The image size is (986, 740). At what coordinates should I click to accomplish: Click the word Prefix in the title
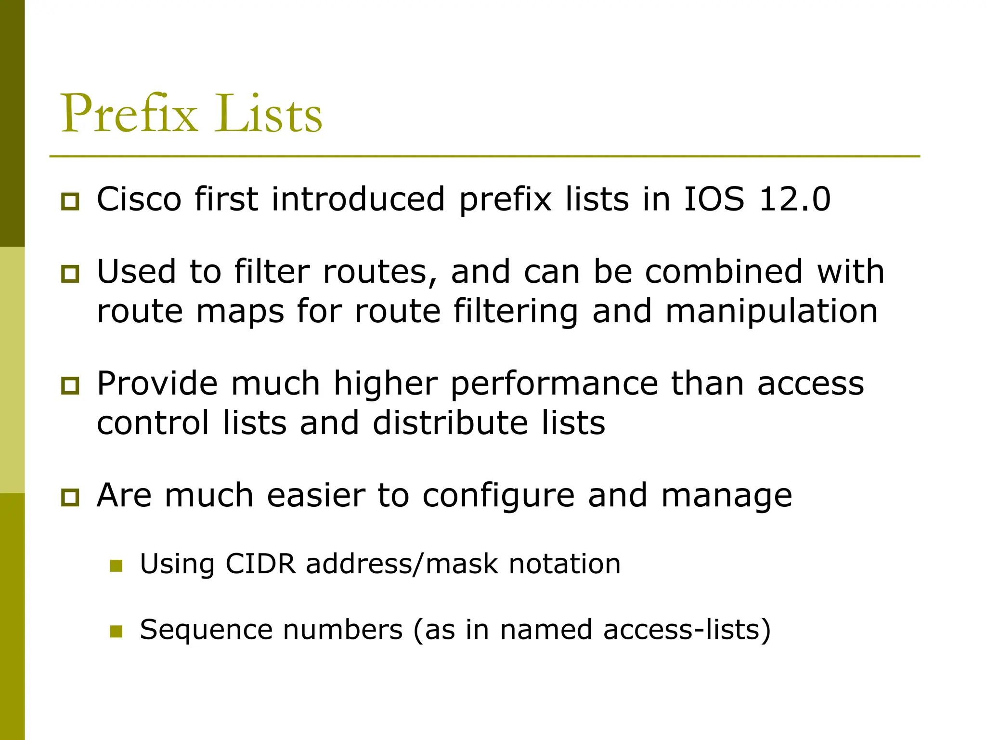[129, 114]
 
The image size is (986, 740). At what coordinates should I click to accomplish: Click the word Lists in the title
[268, 114]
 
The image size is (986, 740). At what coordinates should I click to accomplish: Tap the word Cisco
[139, 199]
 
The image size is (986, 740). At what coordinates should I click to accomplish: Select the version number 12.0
[794, 199]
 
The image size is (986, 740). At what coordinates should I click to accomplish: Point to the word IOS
[714, 199]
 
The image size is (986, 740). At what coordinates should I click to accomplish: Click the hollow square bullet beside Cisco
[70, 201]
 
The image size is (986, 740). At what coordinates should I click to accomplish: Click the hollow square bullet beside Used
[70, 274]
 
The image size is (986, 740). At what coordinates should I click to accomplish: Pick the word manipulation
[771, 311]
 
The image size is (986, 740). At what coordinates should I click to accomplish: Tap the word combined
[724, 271]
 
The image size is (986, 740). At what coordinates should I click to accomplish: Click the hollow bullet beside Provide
[70, 385]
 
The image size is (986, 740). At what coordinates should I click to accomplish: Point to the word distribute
[451, 423]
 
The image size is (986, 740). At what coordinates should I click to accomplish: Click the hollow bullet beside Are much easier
[70, 497]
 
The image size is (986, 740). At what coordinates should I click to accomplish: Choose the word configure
[499, 496]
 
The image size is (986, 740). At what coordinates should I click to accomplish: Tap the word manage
[727, 496]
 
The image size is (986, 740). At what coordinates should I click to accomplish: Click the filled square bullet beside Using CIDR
[116, 565]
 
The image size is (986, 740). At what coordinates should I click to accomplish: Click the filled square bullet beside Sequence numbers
[116, 631]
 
